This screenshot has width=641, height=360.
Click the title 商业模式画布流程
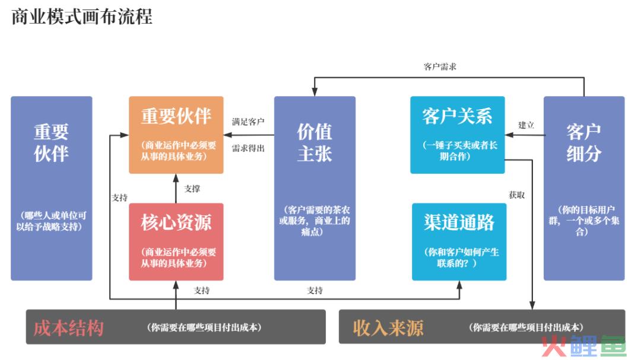[82, 17]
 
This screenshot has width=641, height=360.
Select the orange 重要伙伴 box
[176, 135]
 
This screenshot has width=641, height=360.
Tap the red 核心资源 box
[176, 241]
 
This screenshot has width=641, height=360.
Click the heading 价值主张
[315, 142]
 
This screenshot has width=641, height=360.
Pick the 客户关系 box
[458, 135]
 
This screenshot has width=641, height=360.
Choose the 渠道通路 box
[459, 241]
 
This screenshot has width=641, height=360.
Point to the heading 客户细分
[584, 142]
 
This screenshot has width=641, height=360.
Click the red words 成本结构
[68, 328]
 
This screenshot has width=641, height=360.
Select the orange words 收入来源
[388, 328]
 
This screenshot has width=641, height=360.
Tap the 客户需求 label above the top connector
[440, 66]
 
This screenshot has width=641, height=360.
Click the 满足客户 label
[248, 122]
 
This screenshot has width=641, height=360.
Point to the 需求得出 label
[248, 148]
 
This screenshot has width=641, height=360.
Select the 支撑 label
[192, 189]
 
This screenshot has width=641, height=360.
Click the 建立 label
[526, 125]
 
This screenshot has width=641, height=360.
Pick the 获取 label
[517, 195]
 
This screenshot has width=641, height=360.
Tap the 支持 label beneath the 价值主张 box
[315, 291]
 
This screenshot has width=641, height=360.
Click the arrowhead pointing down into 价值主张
[315, 92]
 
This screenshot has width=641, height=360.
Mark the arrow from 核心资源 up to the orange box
[176, 189]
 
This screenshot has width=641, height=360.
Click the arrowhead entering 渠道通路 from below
[459, 285]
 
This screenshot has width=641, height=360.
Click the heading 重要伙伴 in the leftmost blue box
[51, 142]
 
